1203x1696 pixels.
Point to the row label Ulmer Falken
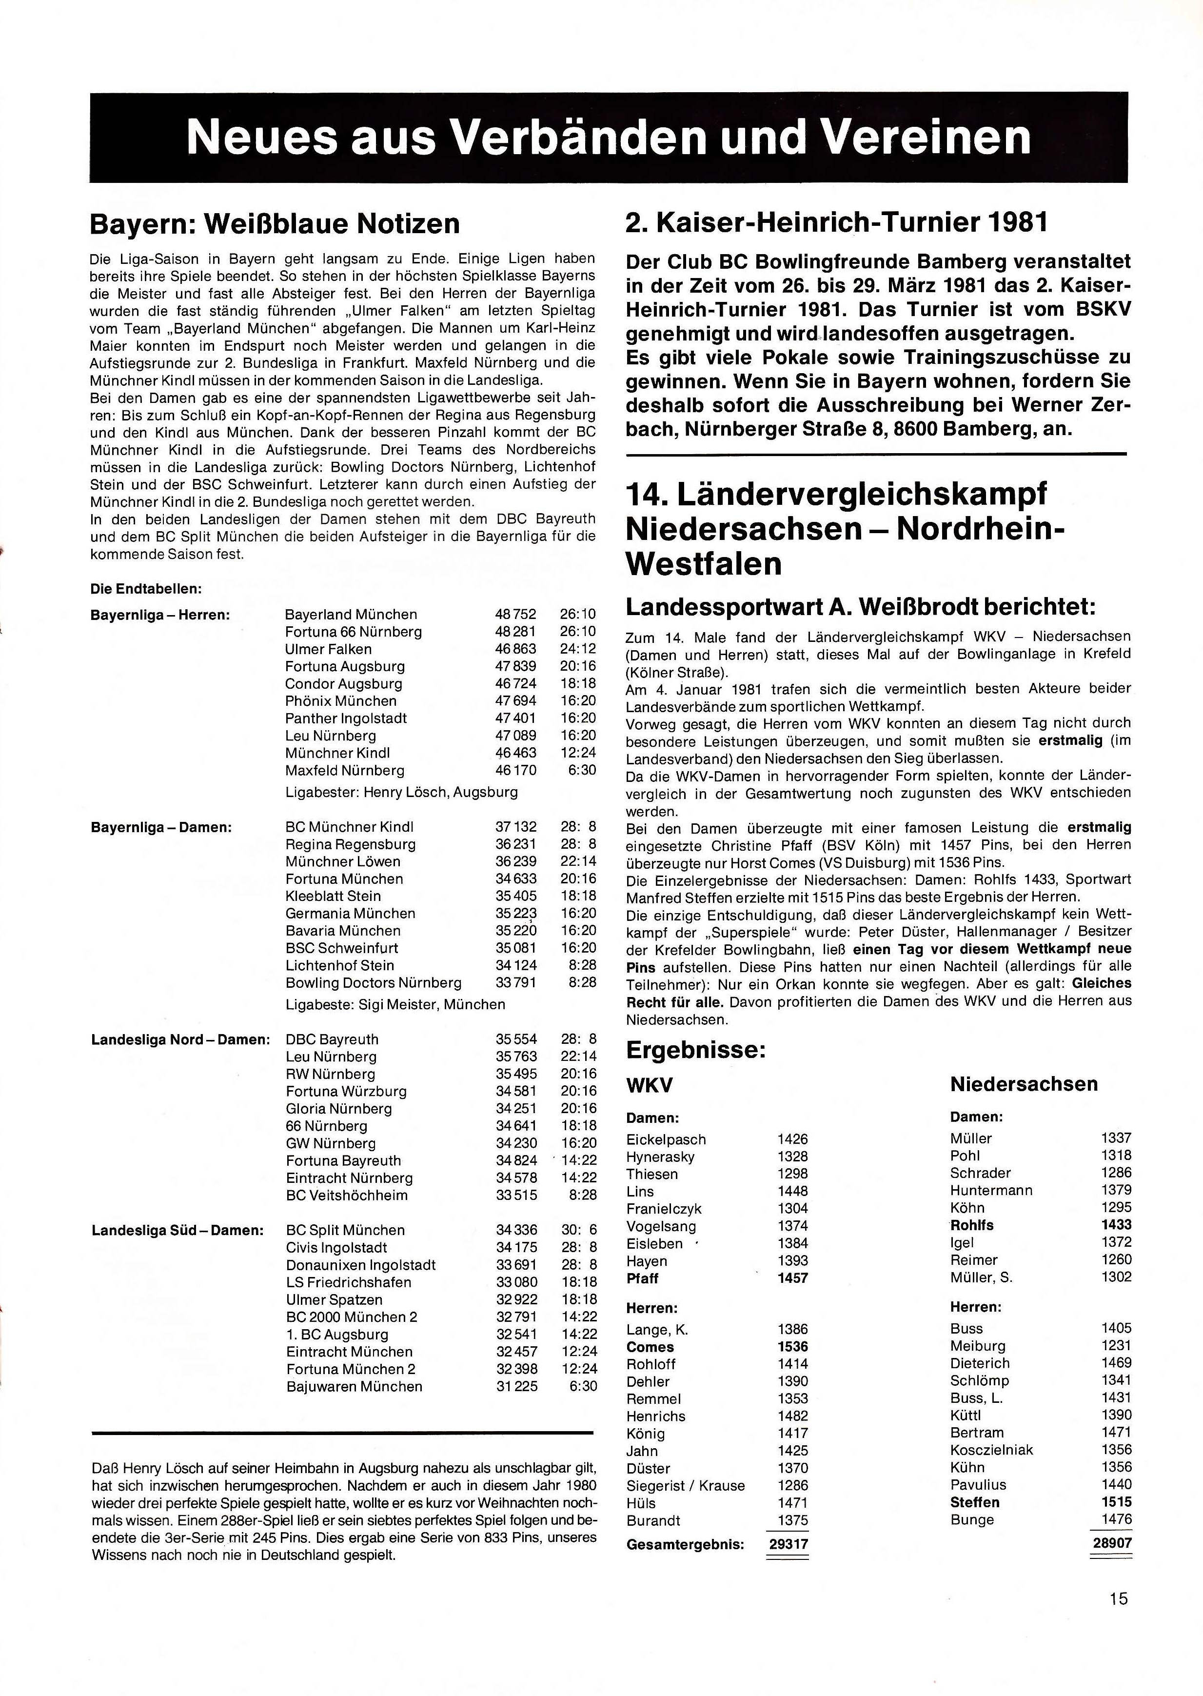point(328,649)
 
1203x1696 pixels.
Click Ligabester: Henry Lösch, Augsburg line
point(401,792)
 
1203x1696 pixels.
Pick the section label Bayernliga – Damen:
point(161,827)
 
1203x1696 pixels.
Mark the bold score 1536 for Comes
point(792,1347)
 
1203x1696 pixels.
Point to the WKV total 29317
point(788,1545)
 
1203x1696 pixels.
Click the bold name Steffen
point(975,1503)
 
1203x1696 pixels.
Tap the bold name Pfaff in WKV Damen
point(642,1278)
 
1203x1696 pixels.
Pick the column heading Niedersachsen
point(1024,1084)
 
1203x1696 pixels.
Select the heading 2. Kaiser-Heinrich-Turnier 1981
point(836,222)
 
